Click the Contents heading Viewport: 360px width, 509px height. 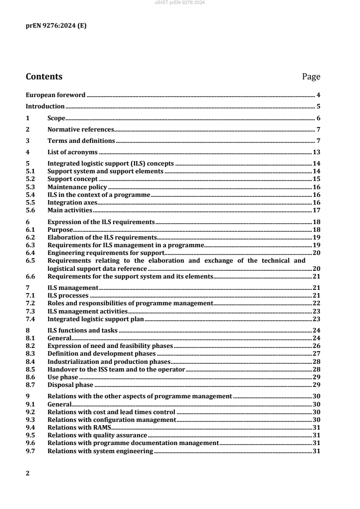click(x=44, y=77)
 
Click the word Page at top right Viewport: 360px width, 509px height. click(x=311, y=77)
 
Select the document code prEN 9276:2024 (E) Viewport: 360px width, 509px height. click(x=55, y=26)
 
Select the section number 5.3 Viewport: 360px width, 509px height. click(x=31, y=187)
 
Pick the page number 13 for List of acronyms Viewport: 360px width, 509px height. click(x=317, y=152)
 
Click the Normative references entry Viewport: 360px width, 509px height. click(x=80, y=129)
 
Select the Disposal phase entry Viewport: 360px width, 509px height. click(x=67, y=385)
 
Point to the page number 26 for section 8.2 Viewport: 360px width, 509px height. click(x=317, y=346)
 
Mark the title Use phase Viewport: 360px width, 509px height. click(x=63, y=377)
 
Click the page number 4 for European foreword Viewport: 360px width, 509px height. click(x=319, y=95)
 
